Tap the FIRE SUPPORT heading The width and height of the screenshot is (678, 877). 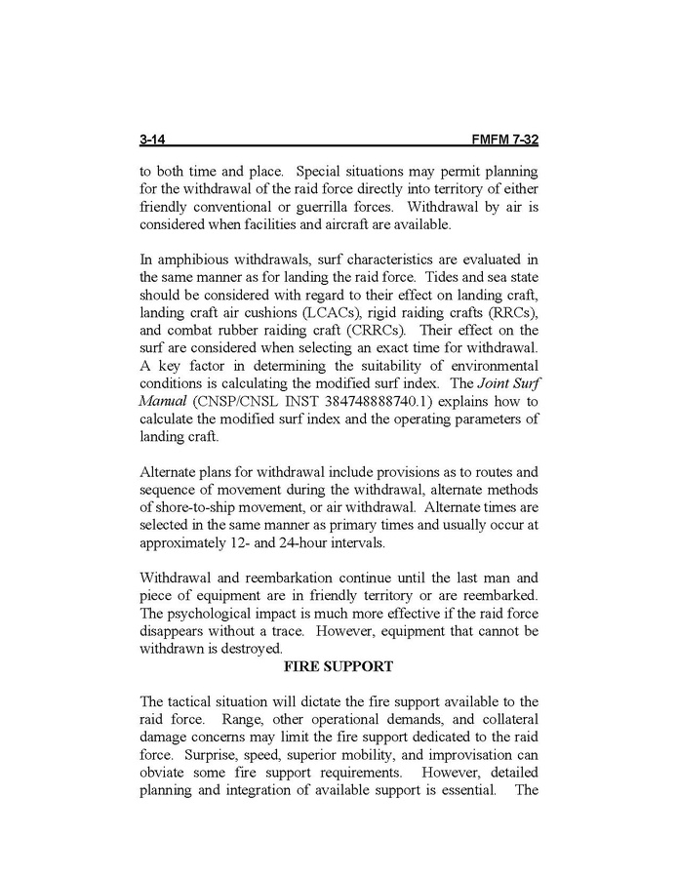(x=338, y=666)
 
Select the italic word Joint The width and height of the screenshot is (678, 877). (x=482, y=381)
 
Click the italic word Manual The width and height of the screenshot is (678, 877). (x=165, y=400)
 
